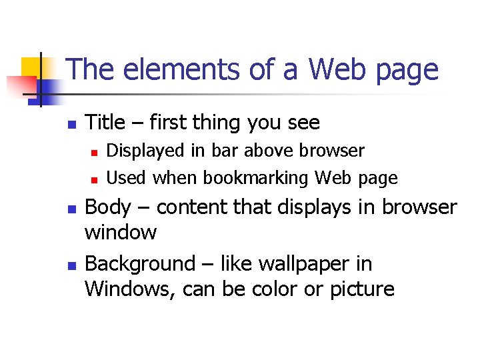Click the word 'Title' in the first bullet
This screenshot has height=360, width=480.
click(x=105, y=123)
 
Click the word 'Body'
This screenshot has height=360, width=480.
click(x=108, y=207)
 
